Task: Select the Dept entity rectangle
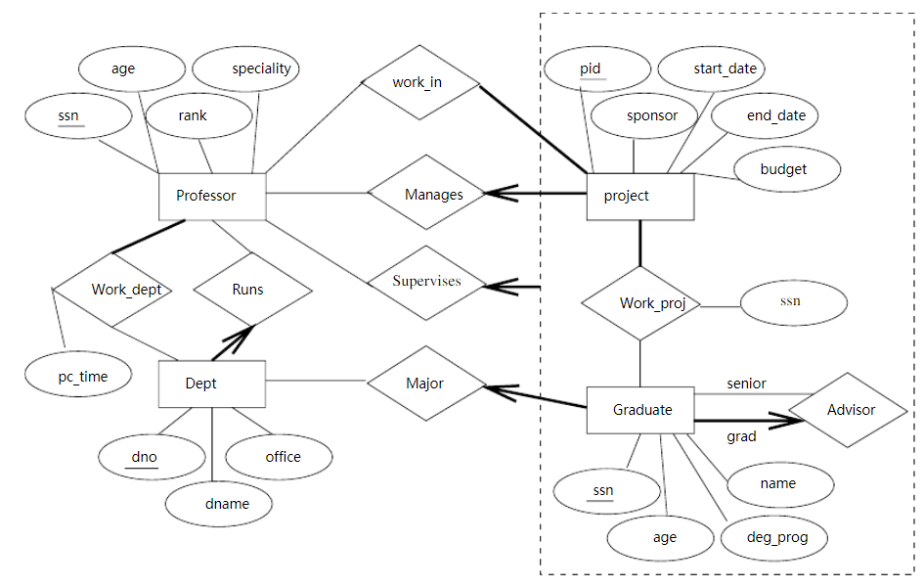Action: pyautogui.click(x=211, y=384)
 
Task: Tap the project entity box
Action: pyautogui.click(x=639, y=197)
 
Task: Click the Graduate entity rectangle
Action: pyautogui.click(x=639, y=410)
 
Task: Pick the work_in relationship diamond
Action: pyautogui.click(x=418, y=82)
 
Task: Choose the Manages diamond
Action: pyautogui.click(x=427, y=195)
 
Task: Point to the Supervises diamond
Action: pyautogui.click(x=426, y=282)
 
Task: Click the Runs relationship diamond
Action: pyautogui.click(x=252, y=290)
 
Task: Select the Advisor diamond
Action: pyautogui.click(x=848, y=410)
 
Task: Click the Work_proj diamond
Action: pyautogui.click(x=639, y=303)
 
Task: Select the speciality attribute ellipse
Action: pyautogui.click(x=245, y=69)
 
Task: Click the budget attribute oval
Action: pyautogui.click(x=785, y=169)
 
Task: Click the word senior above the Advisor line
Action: pyautogui.click(x=746, y=384)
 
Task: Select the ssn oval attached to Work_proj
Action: pyautogui.click(x=793, y=302)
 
